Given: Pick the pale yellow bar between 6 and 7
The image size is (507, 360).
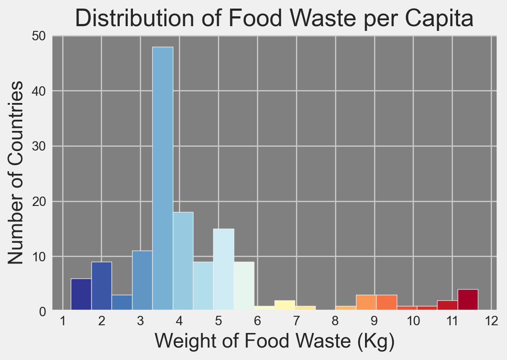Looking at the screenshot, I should click(285, 305).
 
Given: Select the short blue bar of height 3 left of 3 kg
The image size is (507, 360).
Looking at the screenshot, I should click(122, 302).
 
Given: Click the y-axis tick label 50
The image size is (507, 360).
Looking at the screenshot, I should click(39, 36).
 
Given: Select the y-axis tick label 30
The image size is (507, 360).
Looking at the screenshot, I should click(39, 147).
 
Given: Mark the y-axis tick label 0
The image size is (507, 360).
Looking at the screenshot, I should click(42, 311).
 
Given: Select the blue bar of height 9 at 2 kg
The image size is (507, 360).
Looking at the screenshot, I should click(102, 286).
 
